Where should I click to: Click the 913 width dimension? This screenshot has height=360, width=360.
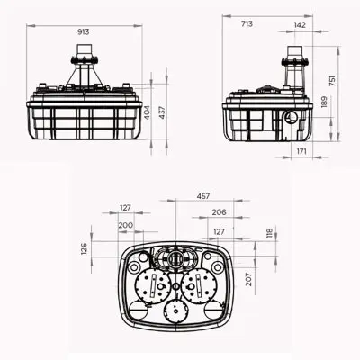click(84, 31)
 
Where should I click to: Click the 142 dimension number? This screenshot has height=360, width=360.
click(299, 26)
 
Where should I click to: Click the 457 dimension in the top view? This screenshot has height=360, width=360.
click(205, 194)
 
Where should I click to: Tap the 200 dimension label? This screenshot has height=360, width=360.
click(125, 225)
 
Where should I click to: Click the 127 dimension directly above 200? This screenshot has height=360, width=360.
click(125, 209)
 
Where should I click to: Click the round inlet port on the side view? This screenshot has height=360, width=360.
click(288, 117)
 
